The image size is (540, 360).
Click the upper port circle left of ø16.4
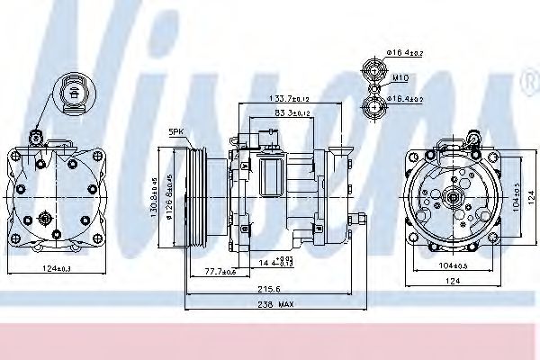(x=373, y=66)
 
